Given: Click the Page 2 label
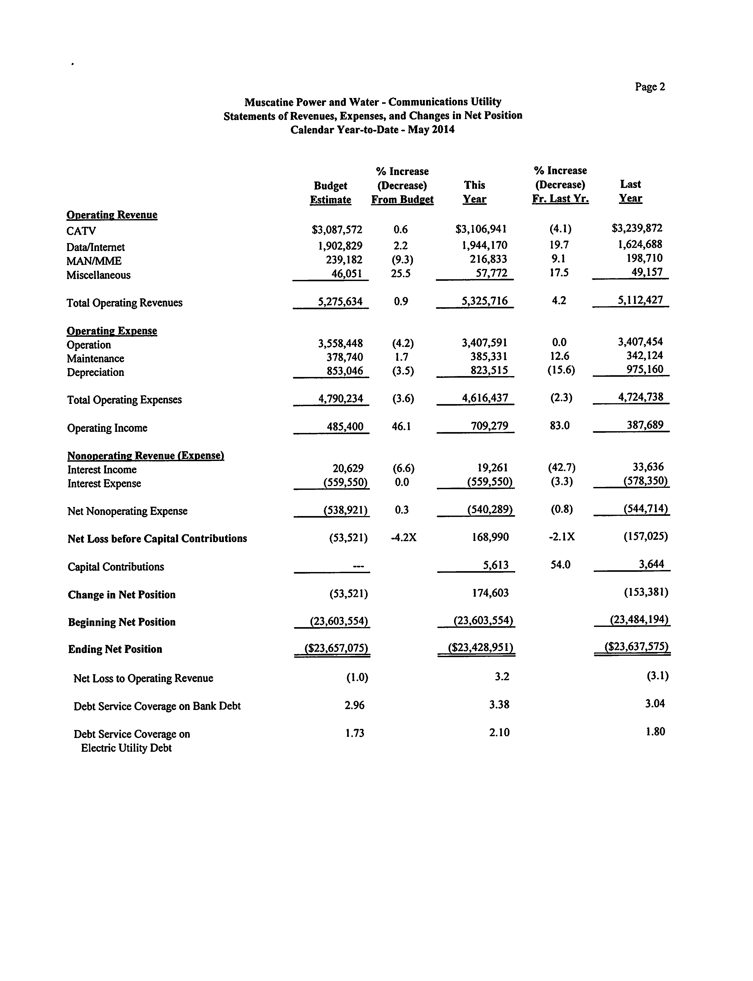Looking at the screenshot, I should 649,87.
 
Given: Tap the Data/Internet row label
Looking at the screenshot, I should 96,247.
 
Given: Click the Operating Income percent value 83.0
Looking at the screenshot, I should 559,426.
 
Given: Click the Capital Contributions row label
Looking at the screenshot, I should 116,567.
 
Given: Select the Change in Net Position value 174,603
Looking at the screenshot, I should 490,593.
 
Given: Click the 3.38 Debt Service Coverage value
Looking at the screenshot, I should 499,705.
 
